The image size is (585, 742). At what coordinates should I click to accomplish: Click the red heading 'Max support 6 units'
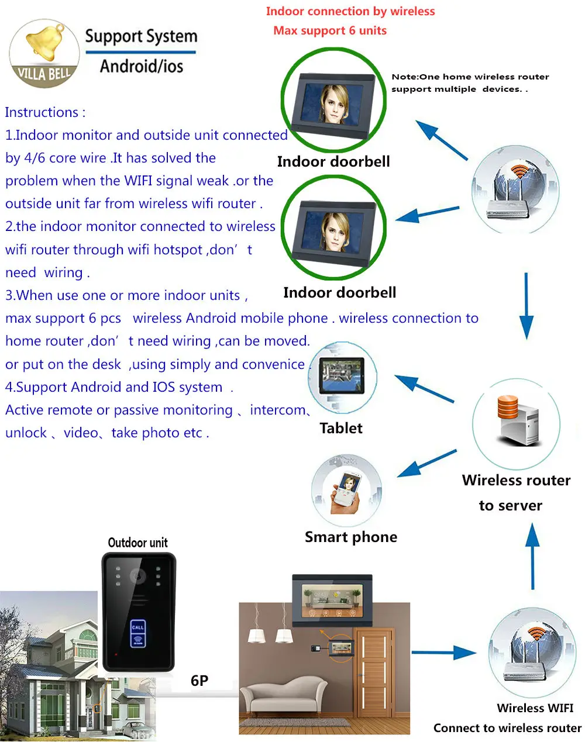330,30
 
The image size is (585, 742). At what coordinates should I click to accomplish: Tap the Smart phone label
350,537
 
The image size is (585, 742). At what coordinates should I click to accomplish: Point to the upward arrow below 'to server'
532,555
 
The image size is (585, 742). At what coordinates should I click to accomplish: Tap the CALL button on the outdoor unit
137,627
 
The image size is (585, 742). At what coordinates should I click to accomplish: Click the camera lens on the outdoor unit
138,575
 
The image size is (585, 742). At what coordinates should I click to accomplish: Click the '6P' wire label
199,681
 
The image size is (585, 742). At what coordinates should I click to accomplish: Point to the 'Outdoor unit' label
137,543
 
